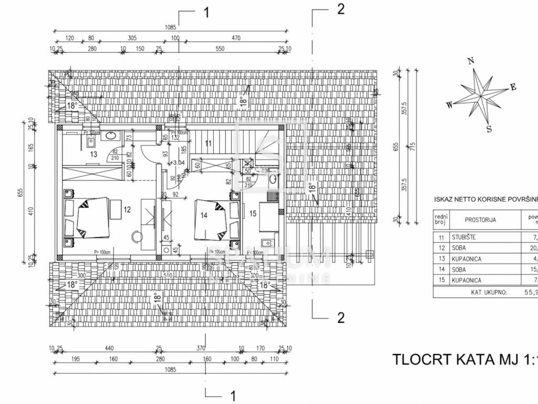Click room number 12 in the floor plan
pyautogui.click(x=127, y=209)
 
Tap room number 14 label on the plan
pyautogui.click(x=204, y=215)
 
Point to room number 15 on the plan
pyautogui.click(x=252, y=213)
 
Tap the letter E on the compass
pyautogui.click(x=513, y=87)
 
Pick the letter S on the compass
pyautogui.click(x=489, y=128)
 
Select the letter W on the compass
pyautogui.click(x=449, y=105)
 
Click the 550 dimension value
pyautogui.click(x=220, y=49)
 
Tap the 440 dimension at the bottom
pyautogui.click(x=109, y=348)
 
